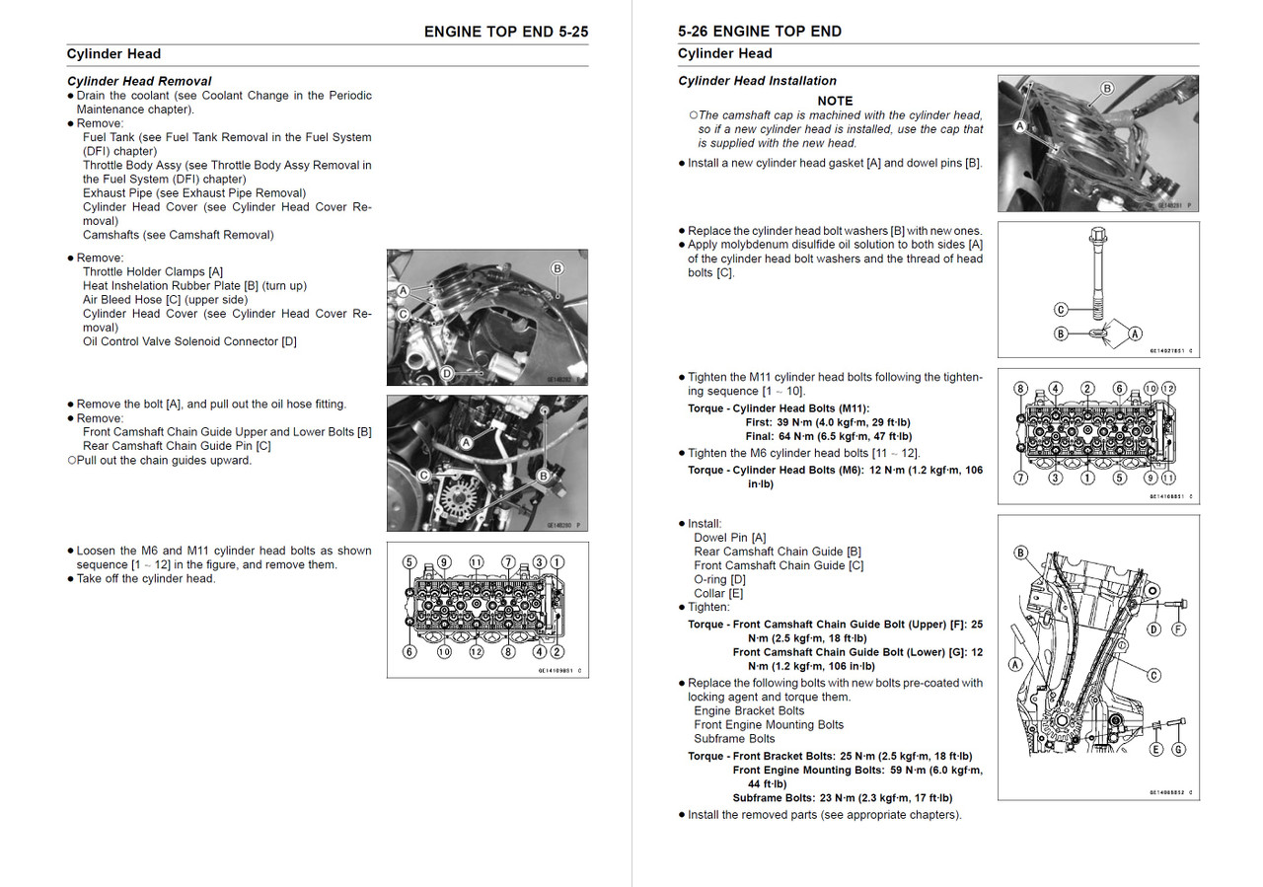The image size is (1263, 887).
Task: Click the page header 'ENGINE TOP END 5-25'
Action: [x=505, y=32]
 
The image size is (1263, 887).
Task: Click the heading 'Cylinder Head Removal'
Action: [x=139, y=81]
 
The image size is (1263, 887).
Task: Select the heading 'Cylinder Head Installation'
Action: [x=757, y=81]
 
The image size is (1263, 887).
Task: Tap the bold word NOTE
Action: [x=835, y=101]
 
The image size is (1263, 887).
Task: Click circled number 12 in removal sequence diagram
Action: [x=477, y=651]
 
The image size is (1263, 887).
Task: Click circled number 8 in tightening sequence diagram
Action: [x=1021, y=389]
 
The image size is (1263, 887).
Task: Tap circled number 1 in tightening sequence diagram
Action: [x=1086, y=478]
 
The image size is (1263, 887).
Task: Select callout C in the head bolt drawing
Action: [x=1061, y=310]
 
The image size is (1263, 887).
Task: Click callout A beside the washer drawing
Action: [x=1135, y=333]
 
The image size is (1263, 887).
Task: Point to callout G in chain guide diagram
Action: [x=1178, y=750]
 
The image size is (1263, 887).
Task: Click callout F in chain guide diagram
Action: [x=1178, y=628]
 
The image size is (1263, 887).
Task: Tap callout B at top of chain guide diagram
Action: [x=1020, y=553]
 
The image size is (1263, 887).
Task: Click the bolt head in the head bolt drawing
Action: [x=1098, y=238]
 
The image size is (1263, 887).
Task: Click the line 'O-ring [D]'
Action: [x=719, y=579]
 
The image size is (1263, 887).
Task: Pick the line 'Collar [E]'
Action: [x=718, y=593]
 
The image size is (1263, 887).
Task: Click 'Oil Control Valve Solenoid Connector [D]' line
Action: [x=189, y=341]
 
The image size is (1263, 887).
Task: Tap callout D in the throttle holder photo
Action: [x=446, y=373]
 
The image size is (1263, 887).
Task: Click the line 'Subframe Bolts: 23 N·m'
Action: [x=842, y=798]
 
